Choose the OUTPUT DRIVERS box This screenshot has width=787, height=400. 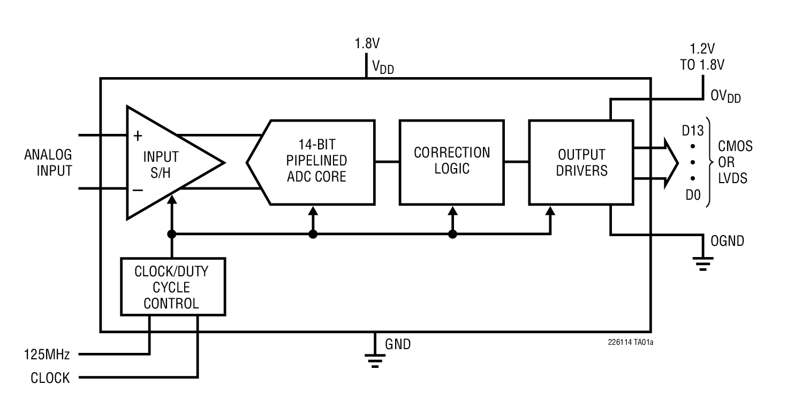pos(581,162)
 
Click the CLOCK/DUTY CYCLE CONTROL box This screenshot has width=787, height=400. pos(171,287)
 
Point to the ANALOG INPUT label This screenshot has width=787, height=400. pos(48,163)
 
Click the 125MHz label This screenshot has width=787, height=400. pos(47,354)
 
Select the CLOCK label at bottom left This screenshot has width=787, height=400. pos(50,378)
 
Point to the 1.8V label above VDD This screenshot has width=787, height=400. pos(367,44)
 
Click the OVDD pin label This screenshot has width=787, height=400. pos(725,96)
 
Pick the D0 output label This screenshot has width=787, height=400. pos(693,195)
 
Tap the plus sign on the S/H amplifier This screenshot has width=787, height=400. pos(138,136)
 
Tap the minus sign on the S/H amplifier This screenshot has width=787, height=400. pos(138,190)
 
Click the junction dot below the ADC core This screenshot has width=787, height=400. pos(313,234)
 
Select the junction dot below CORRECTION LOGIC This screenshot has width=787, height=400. pos(452,234)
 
